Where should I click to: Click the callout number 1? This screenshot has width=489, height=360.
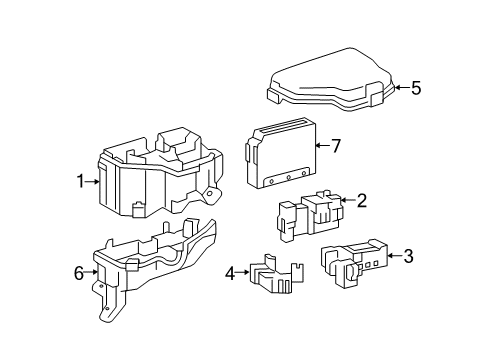pos(79,181)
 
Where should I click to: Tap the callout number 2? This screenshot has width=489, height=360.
pos(361,201)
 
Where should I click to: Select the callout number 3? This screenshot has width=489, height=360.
pos(407,257)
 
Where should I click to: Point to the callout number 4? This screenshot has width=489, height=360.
pos(229,271)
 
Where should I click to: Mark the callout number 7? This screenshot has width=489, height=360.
pos(336,146)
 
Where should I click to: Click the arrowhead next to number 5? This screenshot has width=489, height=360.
pos(397,88)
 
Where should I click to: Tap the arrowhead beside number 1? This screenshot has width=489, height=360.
pos(96,181)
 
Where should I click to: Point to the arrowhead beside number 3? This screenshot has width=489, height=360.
pos(391,257)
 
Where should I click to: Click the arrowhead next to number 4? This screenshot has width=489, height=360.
pos(245,271)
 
